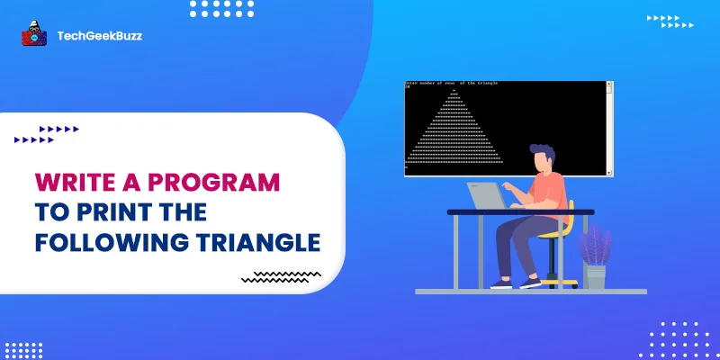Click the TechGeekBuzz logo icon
(x=34, y=35)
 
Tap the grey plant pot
(x=594, y=275)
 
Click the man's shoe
(x=532, y=283)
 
